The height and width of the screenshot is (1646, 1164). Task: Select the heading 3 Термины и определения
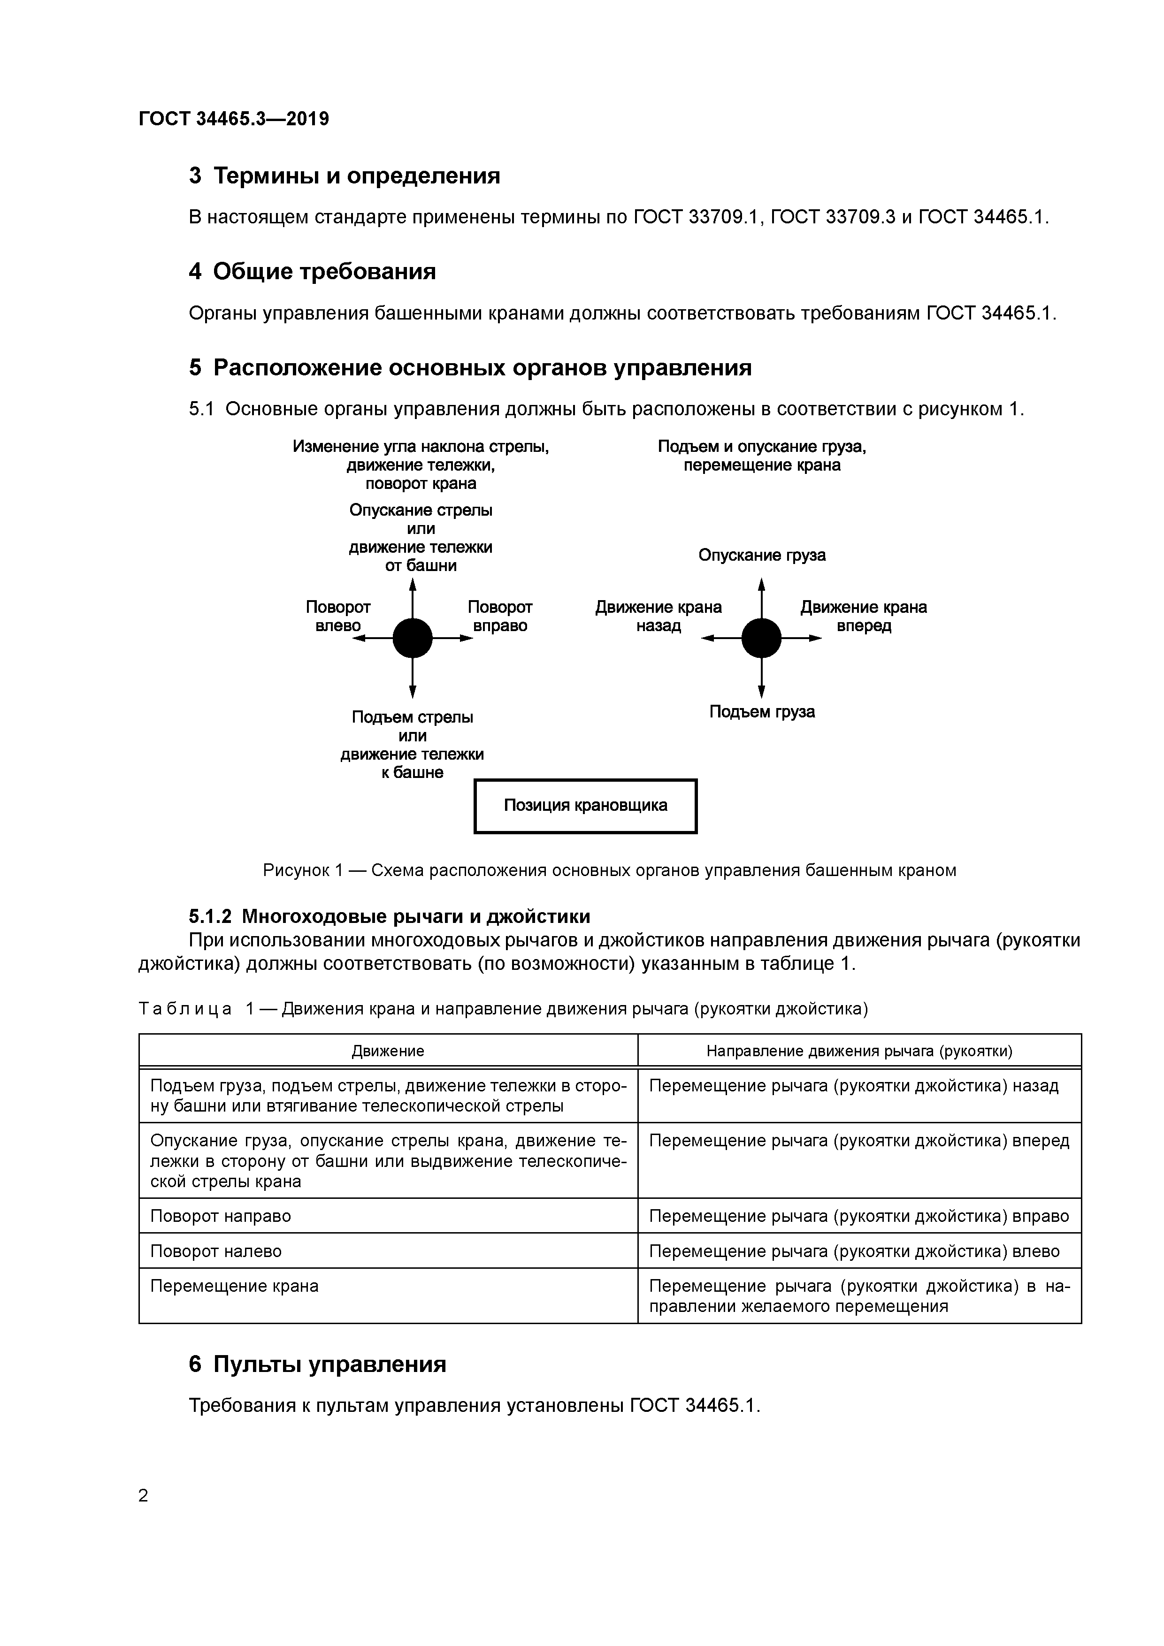point(344,175)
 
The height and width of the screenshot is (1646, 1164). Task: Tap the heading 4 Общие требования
point(312,272)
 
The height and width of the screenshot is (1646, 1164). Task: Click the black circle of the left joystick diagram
point(413,638)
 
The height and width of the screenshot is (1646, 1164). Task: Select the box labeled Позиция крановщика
point(585,806)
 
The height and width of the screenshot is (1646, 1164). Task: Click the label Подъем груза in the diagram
point(762,712)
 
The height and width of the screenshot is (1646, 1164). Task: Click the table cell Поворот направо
point(221,1217)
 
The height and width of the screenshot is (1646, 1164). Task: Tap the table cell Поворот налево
point(216,1252)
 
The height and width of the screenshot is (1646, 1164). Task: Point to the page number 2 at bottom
point(144,1495)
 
